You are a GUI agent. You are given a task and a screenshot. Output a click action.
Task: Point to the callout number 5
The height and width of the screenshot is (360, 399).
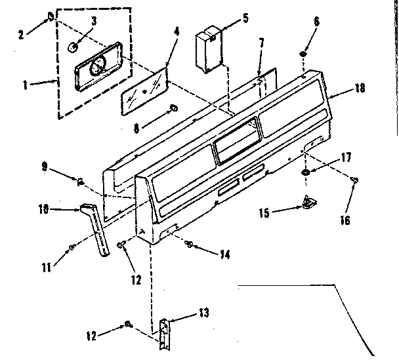point(245,18)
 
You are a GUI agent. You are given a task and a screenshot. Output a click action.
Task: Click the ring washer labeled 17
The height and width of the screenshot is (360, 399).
point(306,172)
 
